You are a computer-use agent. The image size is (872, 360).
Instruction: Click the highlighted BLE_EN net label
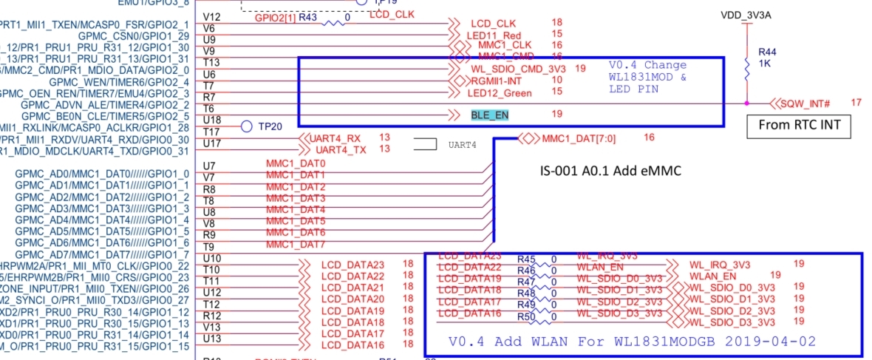coord(489,115)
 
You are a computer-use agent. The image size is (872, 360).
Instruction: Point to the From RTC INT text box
coord(798,125)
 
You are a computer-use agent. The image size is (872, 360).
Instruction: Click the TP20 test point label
coord(270,126)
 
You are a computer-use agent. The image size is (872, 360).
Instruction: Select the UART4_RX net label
coord(335,138)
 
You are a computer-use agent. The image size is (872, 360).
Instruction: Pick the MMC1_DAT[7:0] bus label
coord(578,137)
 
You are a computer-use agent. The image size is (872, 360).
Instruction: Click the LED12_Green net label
coord(500,92)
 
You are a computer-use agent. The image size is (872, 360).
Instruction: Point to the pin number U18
coord(211,120)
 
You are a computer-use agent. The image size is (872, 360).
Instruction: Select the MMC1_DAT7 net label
coord(296,245)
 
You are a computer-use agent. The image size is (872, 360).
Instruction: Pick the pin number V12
coord(211,16)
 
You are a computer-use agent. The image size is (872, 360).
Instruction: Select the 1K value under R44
coord(765,64)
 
